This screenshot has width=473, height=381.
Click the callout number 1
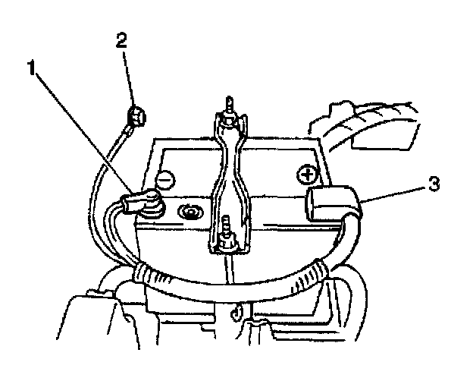point(31,69)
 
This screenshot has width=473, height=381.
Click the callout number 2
point(121,39)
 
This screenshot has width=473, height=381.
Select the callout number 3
point(432,184)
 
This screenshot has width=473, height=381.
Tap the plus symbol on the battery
point(307,176)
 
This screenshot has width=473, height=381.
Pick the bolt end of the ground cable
point(136,118)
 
